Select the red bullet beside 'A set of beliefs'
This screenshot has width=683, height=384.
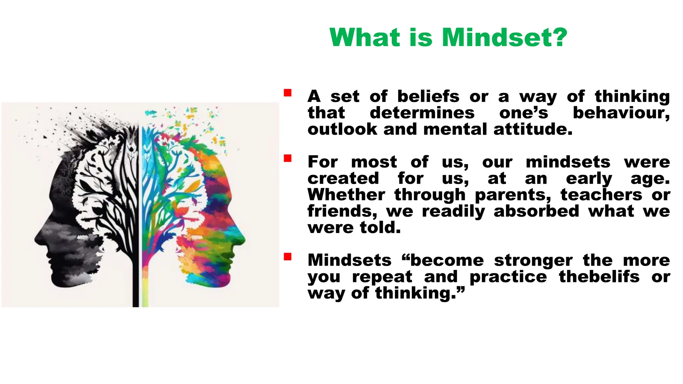[288, 93]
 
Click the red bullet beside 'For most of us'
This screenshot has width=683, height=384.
[288, 158]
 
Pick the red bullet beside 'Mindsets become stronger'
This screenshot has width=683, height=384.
[288, 257]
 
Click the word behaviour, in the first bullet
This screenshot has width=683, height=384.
[621, 113]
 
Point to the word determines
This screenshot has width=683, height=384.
[422, 113]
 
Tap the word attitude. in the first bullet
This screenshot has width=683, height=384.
[533, 129]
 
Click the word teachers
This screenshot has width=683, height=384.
[601, 195]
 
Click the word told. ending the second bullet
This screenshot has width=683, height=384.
[380, 227]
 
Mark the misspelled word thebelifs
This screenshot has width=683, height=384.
[599, 276]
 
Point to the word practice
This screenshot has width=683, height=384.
[508, 277]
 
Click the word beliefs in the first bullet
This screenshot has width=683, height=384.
[428, 96]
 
